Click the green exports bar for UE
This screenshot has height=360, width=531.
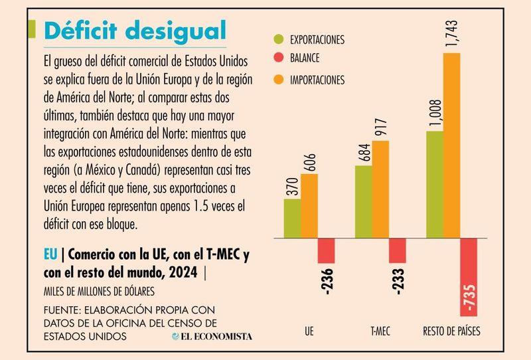pos(292,218)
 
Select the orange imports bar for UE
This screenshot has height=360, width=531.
pos(309,205)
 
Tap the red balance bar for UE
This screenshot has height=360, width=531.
pos(326,250)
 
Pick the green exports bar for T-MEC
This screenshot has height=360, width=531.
pos(363,201)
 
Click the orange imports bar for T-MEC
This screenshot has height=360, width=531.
pos(380,189)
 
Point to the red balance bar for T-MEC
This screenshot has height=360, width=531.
pos(397,250)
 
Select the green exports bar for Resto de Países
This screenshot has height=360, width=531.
pos(434,184)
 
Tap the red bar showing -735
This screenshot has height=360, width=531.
pos(469,276)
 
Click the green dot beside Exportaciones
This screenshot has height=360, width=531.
pos(278,40)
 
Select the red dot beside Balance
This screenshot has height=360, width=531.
pos(278,60)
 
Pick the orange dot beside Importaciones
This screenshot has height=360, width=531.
pos(278,80)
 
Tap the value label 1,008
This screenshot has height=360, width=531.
pos(435,113)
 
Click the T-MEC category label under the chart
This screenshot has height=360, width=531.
pos(380,330)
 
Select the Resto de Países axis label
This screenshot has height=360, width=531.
pos(452,330)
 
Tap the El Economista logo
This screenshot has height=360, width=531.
pos(211,336)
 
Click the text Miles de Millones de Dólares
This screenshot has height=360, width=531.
pos(98,291)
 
